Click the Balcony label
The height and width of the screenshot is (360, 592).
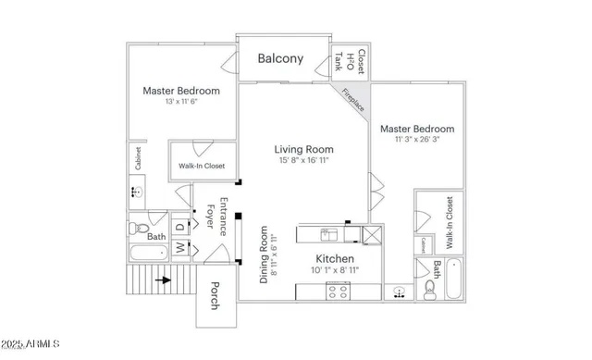[279, 58]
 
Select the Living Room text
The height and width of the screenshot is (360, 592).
[303, 149]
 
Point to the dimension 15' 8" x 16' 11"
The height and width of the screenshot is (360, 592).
[303, 161]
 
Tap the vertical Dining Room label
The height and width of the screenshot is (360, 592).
[267, 254]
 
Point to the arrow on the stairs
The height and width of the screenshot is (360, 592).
[162, 279]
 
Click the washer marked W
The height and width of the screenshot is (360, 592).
[180, 247]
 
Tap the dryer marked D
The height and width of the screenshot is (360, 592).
[180, 226]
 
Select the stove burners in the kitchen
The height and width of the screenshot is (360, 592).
[339, 290]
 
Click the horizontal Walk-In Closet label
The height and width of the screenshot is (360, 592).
[202, 167]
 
